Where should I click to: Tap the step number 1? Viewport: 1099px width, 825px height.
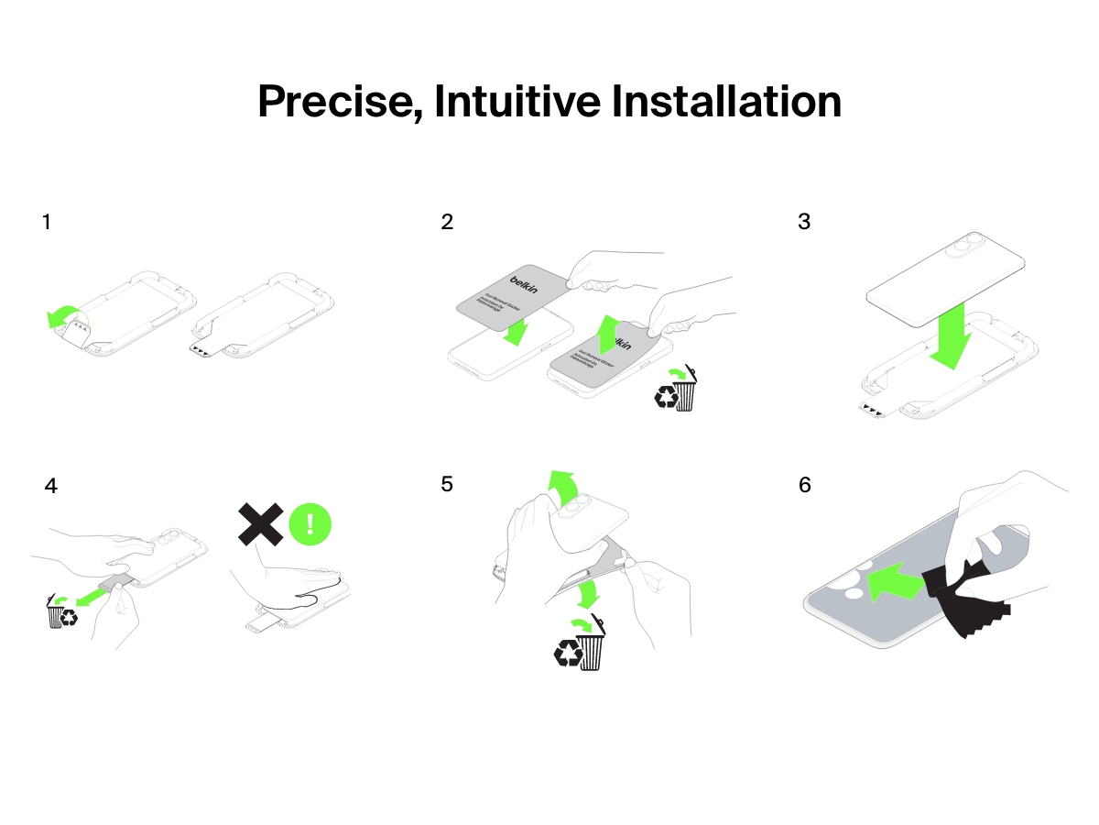click(47, 222)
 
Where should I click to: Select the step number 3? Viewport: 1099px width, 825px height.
click(804, 222)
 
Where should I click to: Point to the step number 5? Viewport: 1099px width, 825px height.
click(447, 484)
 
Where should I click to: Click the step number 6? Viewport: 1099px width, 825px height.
click(805, 484)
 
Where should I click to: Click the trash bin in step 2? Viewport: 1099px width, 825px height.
click(685, 391)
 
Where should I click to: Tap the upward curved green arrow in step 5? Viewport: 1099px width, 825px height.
click(560, 488)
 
